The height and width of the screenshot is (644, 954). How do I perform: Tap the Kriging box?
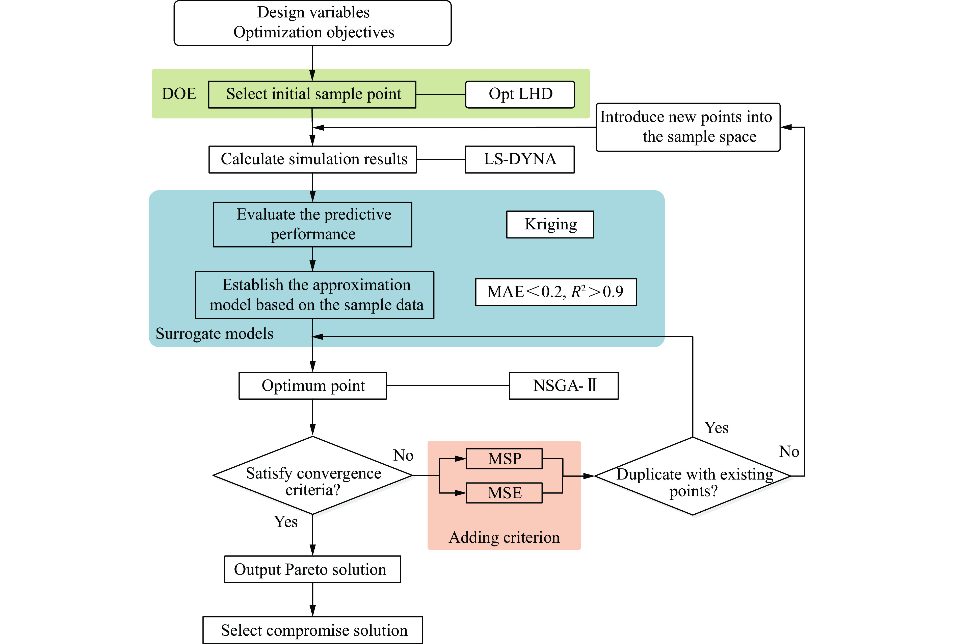point(550,224)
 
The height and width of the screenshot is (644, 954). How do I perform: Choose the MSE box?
point(504,493)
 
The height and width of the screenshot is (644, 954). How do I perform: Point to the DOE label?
point(179,94)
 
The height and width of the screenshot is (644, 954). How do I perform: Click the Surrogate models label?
point(214,333)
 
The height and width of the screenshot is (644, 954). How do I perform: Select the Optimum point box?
point(313,386)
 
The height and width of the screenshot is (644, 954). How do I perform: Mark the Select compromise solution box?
point(313,630)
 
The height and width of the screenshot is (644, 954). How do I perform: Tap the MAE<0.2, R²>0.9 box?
point(555,292)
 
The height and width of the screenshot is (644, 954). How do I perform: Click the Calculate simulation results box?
point(313,159)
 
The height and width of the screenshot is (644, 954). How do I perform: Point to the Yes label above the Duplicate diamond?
point(717,428)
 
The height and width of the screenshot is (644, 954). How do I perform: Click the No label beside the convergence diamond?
point(403,455)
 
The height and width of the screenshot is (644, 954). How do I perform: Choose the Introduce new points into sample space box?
point(688,127)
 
